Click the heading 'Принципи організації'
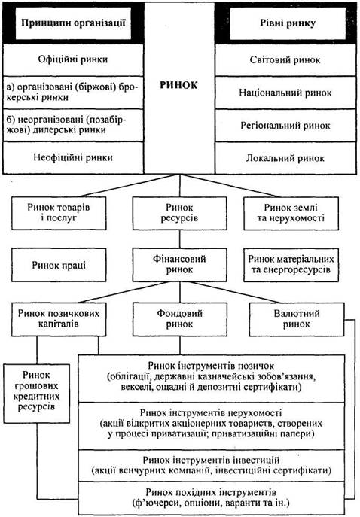click(73, 23)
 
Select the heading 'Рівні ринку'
click(288, 23)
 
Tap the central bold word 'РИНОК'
click(178, 85)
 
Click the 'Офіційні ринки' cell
click(73, 59)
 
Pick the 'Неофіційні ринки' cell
click(73, 157)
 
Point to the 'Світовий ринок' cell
click(285, 59)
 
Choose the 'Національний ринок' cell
click(285, 93)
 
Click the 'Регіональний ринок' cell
click(285, 126)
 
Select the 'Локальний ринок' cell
click(285, 158)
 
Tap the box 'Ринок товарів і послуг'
click(59, 213)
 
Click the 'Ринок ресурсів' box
click(179, 213)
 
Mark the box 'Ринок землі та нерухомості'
click(291, 213)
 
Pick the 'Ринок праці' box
click(59, 265)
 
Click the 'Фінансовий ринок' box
click(179, 265)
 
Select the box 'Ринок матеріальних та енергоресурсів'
click(291, 265)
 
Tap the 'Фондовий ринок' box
click(180, 319)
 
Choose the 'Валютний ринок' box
click(297, 319)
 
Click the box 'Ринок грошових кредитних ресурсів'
click(37, 394)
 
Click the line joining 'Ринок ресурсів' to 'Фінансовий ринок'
click(180, 239)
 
